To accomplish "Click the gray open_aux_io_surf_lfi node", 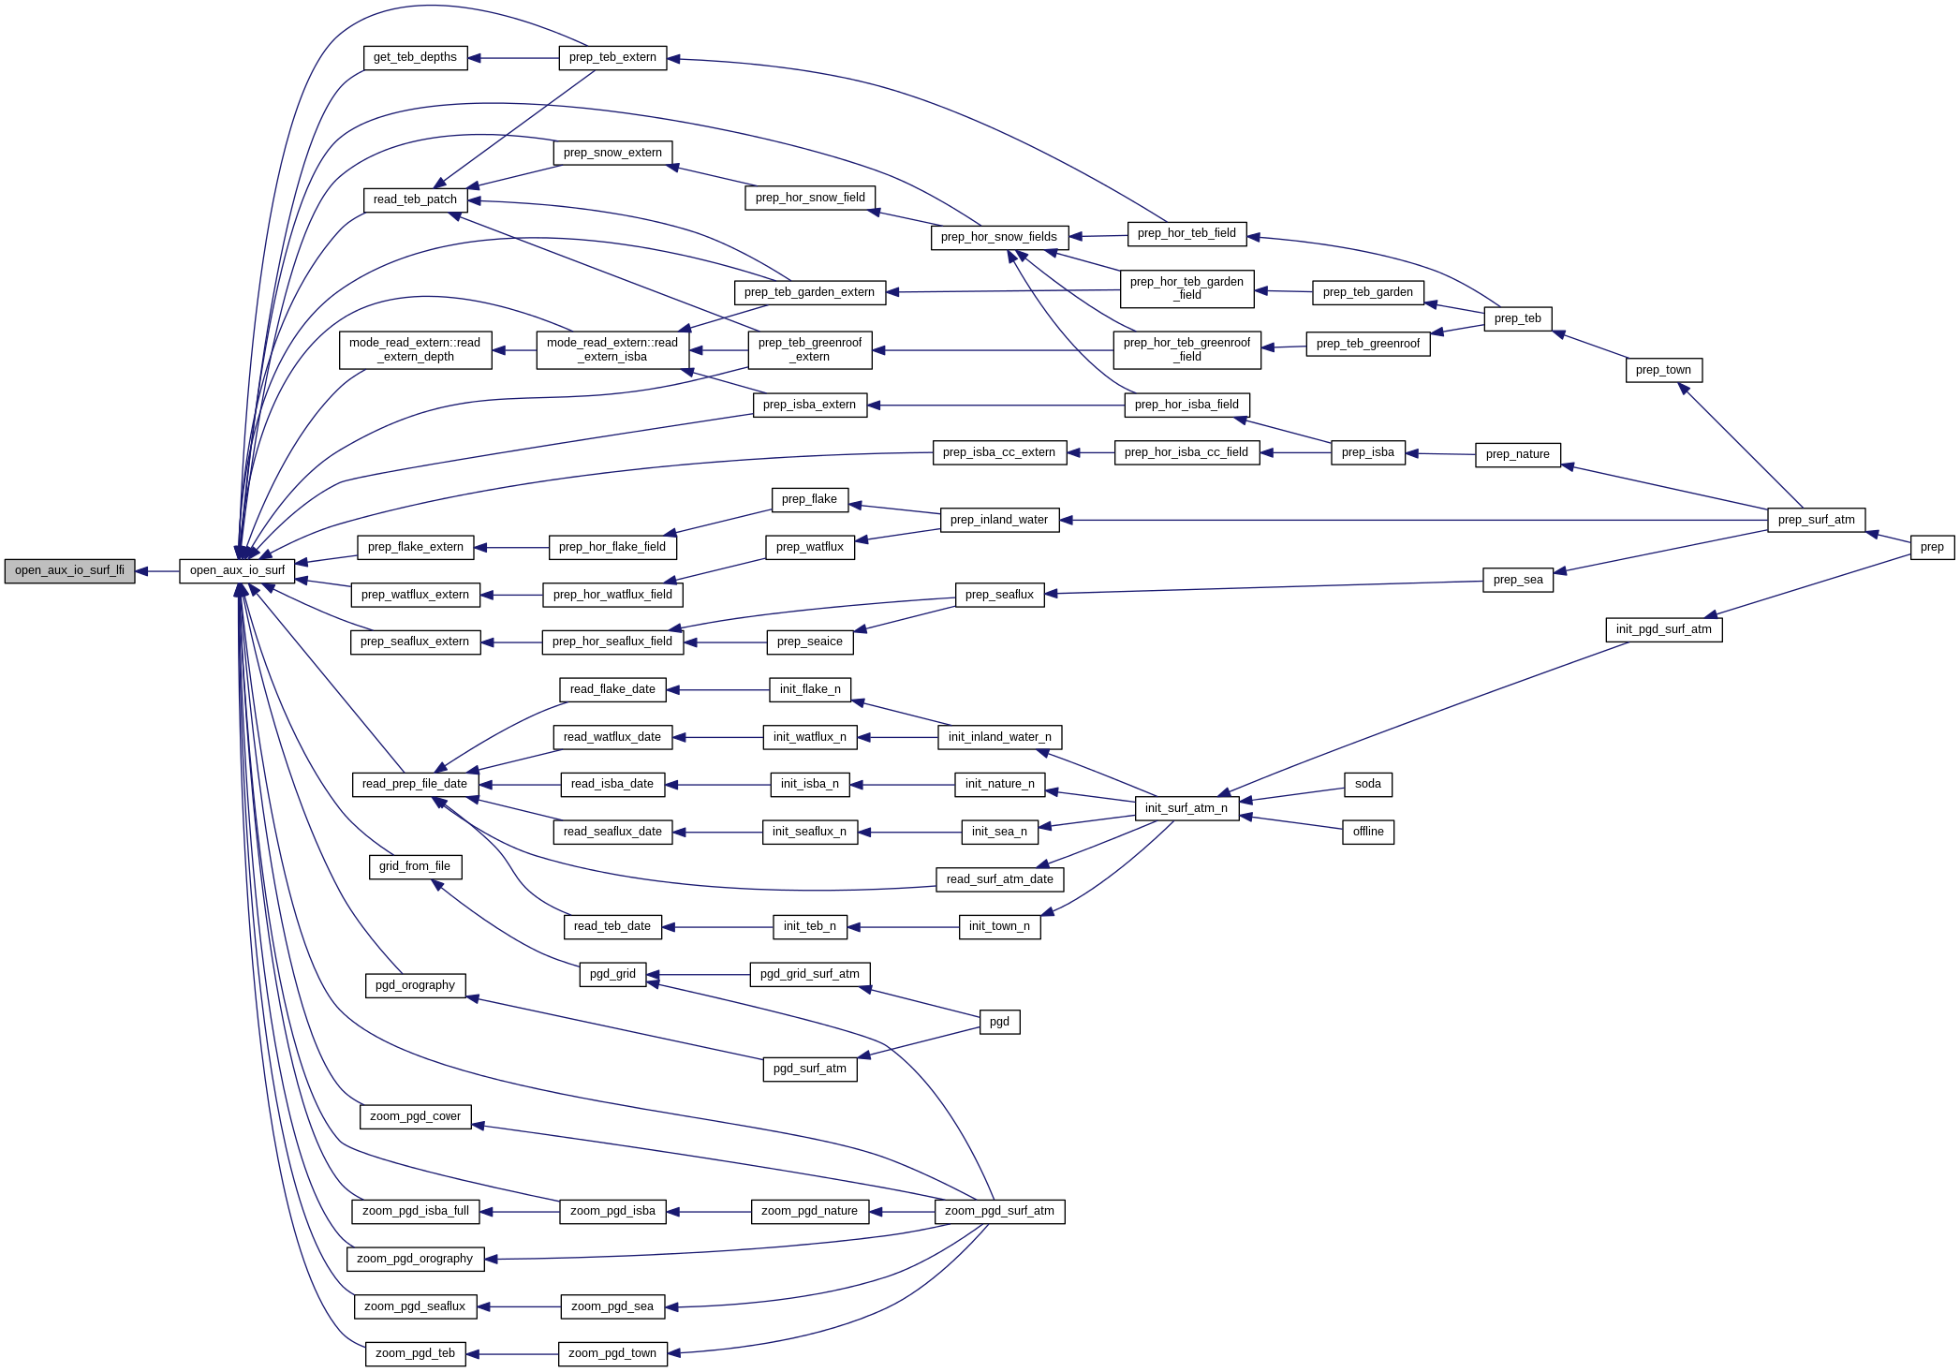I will coord(69,570).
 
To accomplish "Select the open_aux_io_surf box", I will coord(237,570).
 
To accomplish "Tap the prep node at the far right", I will coord(1931,547).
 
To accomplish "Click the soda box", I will coord(1367,784).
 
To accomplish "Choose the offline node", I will coord(1367,832).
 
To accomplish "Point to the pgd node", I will coord(999,1022).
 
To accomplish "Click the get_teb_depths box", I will coord(415,57).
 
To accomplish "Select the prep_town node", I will coord(1663,370).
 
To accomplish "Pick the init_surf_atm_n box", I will coord(1186,808).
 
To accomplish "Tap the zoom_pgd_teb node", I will coord(415,1353).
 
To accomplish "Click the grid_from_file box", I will coord(415,866).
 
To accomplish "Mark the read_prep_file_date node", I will coord(415,784).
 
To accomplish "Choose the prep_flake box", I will coord(809,499).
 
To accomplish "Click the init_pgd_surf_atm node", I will coord(1663,629).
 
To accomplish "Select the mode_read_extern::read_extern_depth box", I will coord(415,350).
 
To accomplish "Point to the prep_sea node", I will coord(1517,580).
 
